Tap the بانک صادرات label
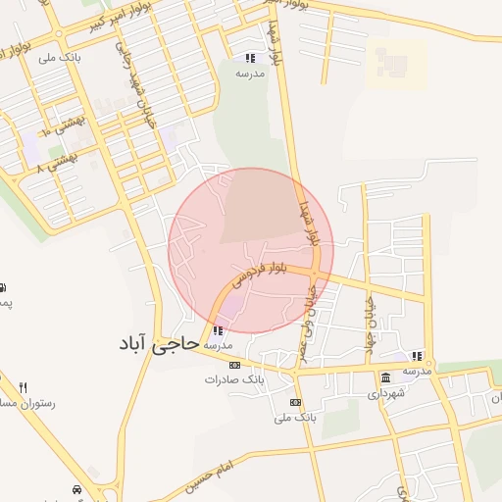(234, 378)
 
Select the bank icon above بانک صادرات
(234, 365)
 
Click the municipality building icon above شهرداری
(385, 378)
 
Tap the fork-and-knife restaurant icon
(24, 388)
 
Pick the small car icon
(76, 488)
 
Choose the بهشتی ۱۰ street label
(60, 126)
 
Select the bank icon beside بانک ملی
(295, 402)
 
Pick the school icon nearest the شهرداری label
(417, 356)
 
